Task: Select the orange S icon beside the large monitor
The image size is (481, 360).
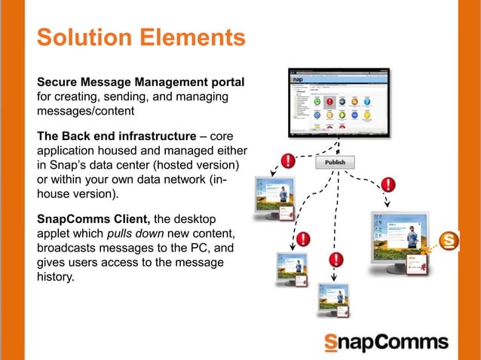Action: (x=451, y=242)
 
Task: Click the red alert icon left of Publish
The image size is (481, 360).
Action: (x=287, y=160)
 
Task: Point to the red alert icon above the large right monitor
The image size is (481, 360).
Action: (x=389, y=184)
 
